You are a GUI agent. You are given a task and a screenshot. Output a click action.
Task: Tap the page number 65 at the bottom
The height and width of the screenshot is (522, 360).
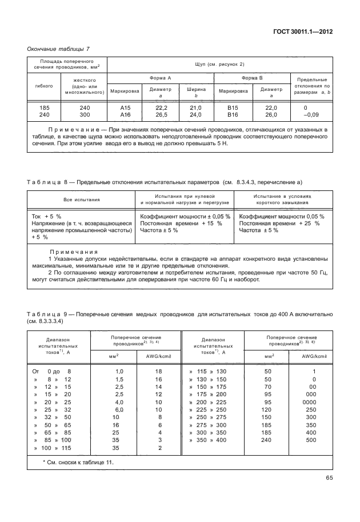pyautogui.click(x=329, y=478)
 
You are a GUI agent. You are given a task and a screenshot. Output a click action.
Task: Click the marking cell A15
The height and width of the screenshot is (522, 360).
pyautogui.click(x=126, y=107)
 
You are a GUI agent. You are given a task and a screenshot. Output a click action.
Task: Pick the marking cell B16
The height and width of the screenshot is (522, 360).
pyautogui.click(x=232, y=115)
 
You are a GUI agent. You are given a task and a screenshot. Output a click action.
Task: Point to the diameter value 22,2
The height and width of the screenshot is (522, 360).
pyautogui.click(x=161, y=107)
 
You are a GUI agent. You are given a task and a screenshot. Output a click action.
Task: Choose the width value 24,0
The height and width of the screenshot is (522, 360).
pyautogui.click(x=195, y=115)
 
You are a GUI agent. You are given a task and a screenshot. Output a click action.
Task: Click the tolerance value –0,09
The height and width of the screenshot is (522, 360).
pyautogui.click(x=312, y=115)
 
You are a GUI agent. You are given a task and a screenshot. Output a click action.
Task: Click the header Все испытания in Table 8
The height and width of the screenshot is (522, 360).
pyautogui.click(x=81, y=200)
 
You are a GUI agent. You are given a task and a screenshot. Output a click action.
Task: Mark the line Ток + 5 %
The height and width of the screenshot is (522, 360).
pyautogui.click(x=46, y=216)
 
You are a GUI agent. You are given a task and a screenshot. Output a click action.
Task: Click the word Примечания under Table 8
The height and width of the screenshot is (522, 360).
pyautogui.click(x=74, y=252)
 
